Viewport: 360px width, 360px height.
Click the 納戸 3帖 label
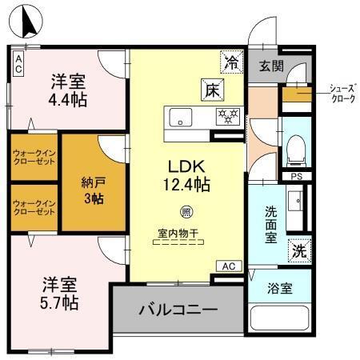(94, 189)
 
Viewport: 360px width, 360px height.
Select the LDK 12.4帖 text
(188, 175)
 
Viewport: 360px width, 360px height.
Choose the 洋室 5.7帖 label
(59, 293)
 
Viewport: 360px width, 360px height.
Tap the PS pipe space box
(296, 177)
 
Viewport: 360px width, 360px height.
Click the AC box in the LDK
(227, 266)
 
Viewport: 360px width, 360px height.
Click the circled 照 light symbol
(186, 213)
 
